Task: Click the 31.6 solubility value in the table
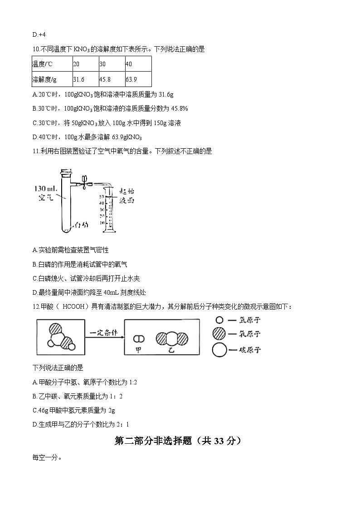click(x=79, y=79)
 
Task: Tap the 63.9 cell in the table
click(x=131, y=79)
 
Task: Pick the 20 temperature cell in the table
click(x=76, y=64)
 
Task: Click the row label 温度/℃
click(x=42, y=64)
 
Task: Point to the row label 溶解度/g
click(x=44, y=79)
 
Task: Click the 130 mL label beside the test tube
click(x=46, y=189)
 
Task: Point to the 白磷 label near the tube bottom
click(x=82, y=225)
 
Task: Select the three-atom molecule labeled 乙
click(x=172, y=339)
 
